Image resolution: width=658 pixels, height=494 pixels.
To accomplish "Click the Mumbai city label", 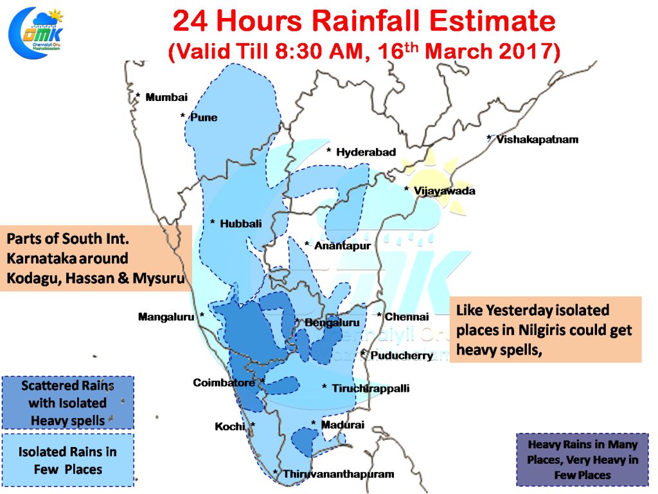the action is pyautogui.click(x=166, y=98).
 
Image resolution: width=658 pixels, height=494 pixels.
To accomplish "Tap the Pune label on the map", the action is pyautogui.click(x=204, y=117).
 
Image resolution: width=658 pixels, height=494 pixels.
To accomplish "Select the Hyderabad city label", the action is pyautogui.click(x=366, y=152).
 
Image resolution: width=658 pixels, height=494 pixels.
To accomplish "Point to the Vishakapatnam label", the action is pyautogui.click(x=537, y=140).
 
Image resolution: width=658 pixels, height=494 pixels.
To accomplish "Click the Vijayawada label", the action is pyautogui.click(x=445, y=191).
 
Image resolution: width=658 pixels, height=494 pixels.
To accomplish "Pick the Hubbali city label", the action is pyautogui.click(x=241, y=224).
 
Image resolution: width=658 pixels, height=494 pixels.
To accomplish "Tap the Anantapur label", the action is pyautogui.click(x=342, y=246).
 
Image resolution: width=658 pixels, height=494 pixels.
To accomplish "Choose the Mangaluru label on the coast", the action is pyautogui.click(x=166, y=316).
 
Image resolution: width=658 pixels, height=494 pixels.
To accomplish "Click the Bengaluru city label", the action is pyautogui.click(x=332, y=323).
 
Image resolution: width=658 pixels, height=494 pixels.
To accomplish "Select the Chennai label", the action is pyautogui.click(x=407, y=316).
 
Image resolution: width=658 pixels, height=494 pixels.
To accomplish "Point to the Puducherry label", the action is pyautogui.click(x=402, y=355).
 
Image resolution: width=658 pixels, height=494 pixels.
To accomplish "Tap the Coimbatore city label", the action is pyautogui.click(x=224, y=383).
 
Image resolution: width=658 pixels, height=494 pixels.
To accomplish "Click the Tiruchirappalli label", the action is pyautogui.click(x=371, y=389).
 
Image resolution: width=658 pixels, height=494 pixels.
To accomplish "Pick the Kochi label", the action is pyautogui.click(x=230, y=427).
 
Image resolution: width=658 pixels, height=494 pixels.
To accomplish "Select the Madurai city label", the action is pyautogui.click(x=342, y=425).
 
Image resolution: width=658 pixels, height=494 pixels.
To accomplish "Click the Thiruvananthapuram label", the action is pyautogui.click(x=338, y=474).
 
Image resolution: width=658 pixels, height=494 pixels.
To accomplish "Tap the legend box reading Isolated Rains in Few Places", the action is pyautogui.click(x=68, y=461).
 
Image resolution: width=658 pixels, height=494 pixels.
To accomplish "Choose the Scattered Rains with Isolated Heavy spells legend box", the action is pyautogui.click(x=68, y=403).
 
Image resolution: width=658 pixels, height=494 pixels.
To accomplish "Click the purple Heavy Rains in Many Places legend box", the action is pyautogui.click(x=582, y=459).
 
